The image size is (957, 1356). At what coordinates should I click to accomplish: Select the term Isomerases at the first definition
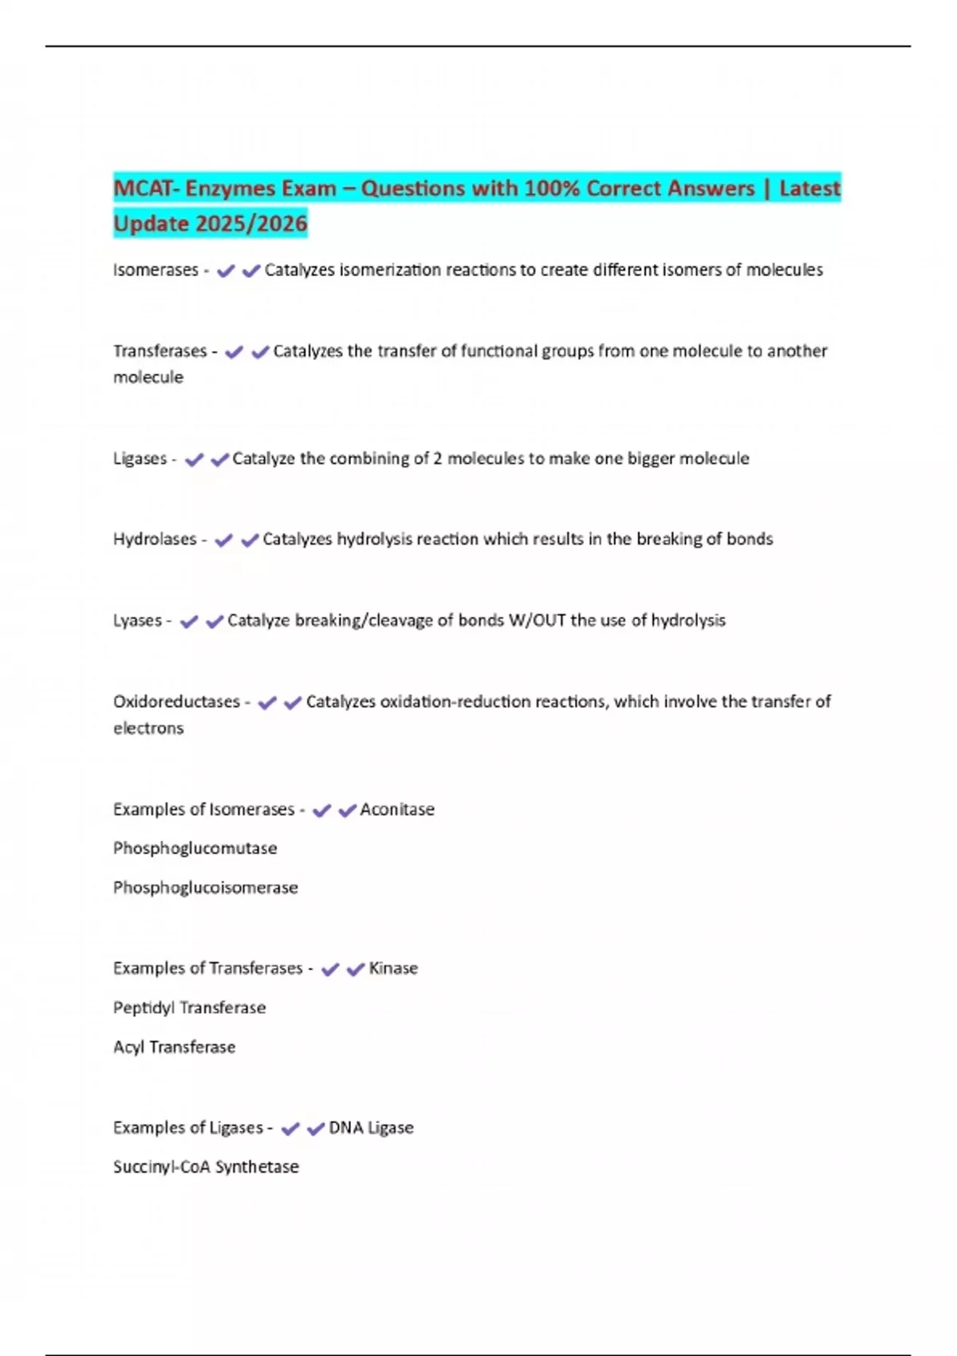click(x=156, y=270)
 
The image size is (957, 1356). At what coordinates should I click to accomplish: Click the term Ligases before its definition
click(x=140, y=459)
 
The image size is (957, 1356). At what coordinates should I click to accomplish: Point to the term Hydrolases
click(x=155, y=539)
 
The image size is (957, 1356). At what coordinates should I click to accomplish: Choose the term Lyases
click(x=137, y=621)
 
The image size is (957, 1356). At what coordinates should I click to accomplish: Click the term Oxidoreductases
click(x=176, y=702)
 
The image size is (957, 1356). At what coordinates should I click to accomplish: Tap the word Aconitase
click(x=397, y=810)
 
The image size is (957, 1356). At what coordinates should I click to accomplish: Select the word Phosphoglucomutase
click(x=195, y=849)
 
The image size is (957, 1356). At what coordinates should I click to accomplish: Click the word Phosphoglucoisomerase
click(x=205, y=888)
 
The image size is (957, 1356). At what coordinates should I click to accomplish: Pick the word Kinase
click(x=393, y=968)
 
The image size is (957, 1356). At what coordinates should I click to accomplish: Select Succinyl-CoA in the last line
click(x=161, y=1167)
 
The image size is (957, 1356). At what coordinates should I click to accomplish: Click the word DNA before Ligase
click(x=345, y=1128)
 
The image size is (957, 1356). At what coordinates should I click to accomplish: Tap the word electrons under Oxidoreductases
click(x=148, y=728)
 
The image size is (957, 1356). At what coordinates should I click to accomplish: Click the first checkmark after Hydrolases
click(x=224, y=541)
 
